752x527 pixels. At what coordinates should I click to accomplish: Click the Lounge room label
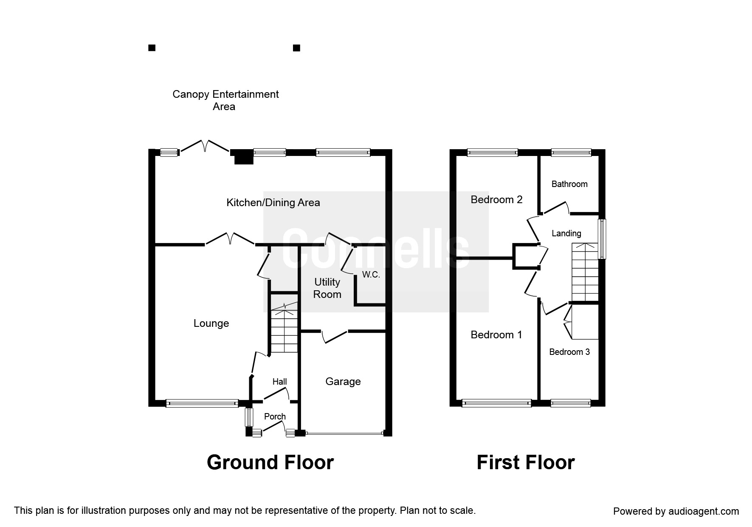(x=211, y=323)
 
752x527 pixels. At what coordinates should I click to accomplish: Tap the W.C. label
(x=371, y=275)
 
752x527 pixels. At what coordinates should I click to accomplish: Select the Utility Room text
(x=327, y=288)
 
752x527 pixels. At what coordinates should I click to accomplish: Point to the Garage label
(x=343, y=382)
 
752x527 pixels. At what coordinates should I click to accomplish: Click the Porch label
(x=275, y=416)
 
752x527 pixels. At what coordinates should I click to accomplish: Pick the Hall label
(x=279, y=382)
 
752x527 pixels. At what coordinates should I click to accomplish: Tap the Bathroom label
(x=569, y=184)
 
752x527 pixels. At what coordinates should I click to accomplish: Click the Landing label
(x=566, y=233)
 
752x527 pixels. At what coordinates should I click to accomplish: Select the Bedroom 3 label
(x=569, y=352)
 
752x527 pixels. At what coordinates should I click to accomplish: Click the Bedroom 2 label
(x=496, y=200)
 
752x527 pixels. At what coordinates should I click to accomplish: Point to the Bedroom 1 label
(x=496, y=335)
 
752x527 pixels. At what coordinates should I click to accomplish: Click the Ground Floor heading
(x=270, y=462)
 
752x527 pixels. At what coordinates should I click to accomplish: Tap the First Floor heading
(x=525, y=462)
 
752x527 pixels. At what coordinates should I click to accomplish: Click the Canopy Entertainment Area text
(x=225, y=100)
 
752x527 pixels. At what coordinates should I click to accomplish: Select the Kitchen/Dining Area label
(x=273, y=203)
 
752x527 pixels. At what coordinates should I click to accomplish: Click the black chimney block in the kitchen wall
(x=243, y=157)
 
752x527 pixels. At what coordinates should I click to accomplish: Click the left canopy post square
(x=152, y=48)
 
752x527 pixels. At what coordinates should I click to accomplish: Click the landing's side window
(x=602, y=238)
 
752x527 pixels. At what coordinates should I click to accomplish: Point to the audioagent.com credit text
(x=676, y=511)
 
